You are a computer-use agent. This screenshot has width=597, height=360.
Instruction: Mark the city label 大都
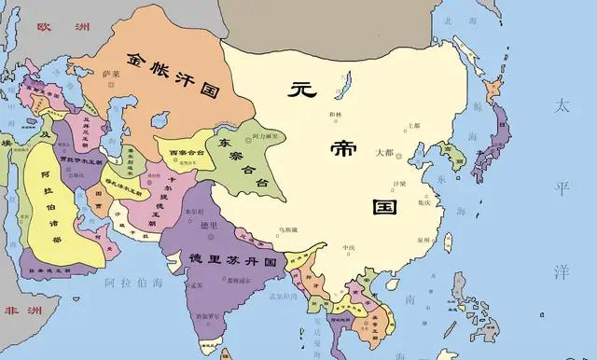[x=383, y=152]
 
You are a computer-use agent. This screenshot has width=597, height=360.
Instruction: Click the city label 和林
[x=336, y=115]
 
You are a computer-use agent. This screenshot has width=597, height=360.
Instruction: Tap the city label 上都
[x=413, y=125]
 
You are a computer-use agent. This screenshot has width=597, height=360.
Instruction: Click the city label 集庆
[x=424, y=201]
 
